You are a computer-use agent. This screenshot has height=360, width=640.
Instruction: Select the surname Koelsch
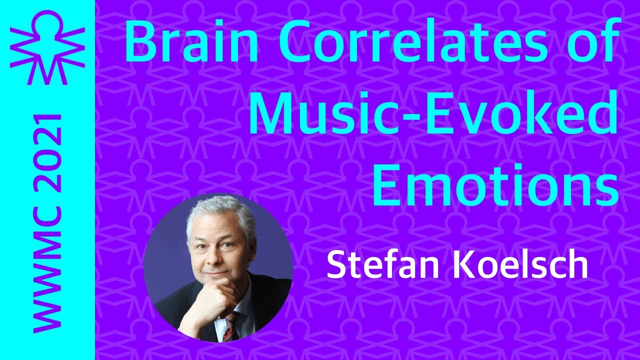click(x=520, y=266)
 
